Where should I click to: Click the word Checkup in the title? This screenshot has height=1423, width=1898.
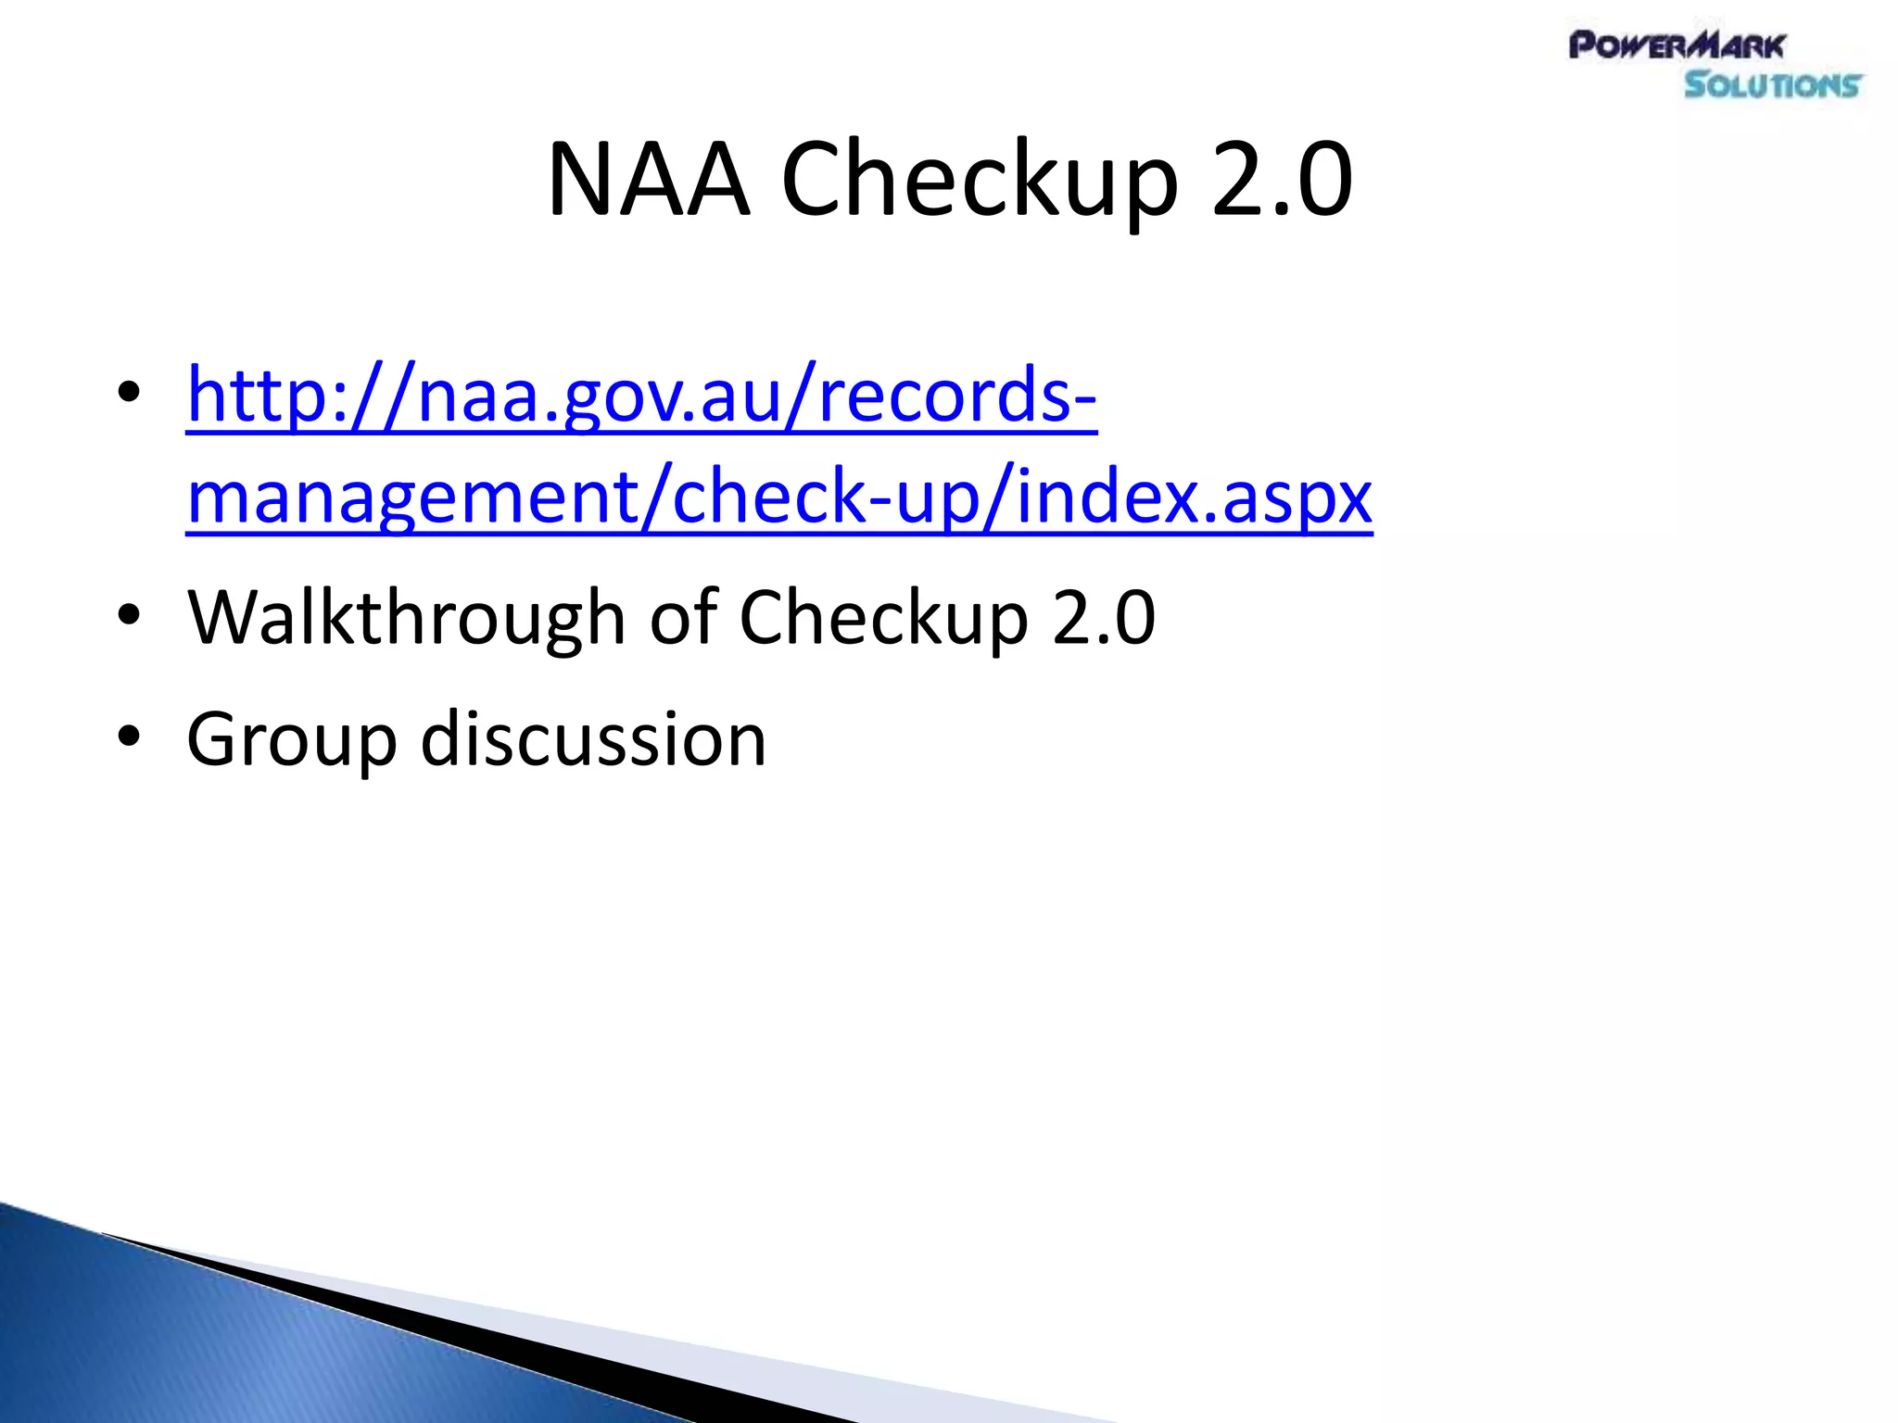980,181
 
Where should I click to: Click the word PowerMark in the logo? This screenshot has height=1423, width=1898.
1677,45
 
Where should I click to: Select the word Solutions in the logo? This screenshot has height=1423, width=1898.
1772,85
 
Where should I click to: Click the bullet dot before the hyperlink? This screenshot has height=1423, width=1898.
129,393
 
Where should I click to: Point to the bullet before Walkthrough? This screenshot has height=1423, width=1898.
129,615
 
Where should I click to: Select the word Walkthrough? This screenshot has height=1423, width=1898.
406,617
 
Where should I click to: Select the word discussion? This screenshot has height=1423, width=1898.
593,738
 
